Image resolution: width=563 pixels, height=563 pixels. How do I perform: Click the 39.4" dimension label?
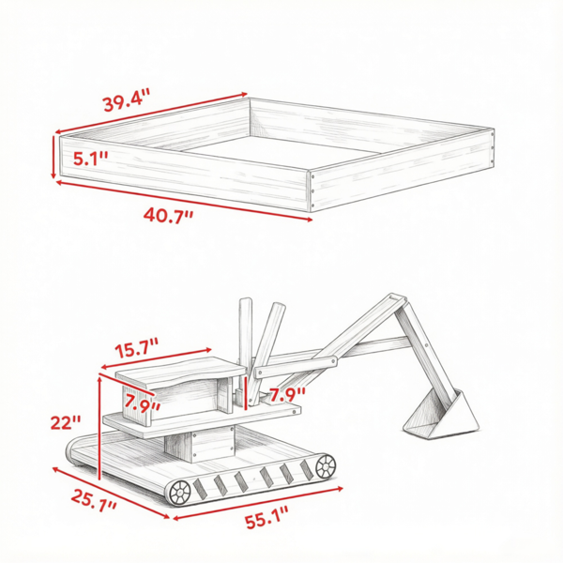[x=126, y=99]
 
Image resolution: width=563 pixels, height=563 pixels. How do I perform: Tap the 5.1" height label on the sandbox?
[x=90, y=159]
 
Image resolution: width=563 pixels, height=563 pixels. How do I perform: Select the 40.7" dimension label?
[x=168, y=216]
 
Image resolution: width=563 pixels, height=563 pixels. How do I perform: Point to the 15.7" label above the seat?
[x=137, y=347]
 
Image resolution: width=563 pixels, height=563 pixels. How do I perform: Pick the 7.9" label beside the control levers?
[x=287, y=395]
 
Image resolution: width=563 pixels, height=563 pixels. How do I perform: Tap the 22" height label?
[x=66, y=422]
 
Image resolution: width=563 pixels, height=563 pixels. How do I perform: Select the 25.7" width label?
[x=93, y=500]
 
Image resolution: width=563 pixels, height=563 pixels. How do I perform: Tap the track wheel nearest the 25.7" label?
[x=179, y=493]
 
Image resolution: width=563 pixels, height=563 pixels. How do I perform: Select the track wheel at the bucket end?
[x=326, y=466]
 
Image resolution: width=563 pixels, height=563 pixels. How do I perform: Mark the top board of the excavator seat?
[x=180, y=373]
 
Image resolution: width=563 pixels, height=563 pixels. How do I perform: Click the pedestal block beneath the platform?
[x=200, y=444]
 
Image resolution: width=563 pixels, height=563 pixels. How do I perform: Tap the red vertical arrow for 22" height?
[x=99, y=428]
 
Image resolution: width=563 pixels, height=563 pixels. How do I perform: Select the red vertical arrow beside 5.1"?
[x=53, y=157]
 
